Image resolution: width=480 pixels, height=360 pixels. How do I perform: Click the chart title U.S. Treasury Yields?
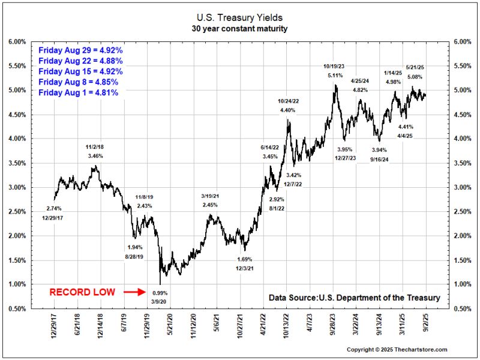pyautogui.click(x=240, y=18)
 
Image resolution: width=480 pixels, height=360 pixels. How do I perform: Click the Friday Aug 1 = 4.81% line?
pyautogui.click(x=78, y=93)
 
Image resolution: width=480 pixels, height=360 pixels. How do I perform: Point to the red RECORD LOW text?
pyautogui.click(x=82, y=292)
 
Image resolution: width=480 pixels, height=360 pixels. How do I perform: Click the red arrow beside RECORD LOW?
pyautogui.click(x=134, y=292)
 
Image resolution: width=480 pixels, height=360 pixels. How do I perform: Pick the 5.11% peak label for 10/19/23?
pyautogui.click(x=335, y=76)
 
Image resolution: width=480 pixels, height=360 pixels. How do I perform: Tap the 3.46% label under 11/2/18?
pyautogui.click(x=95, y=156)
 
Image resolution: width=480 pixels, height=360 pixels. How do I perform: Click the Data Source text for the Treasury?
pyautogui.click(x=354, y=298)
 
